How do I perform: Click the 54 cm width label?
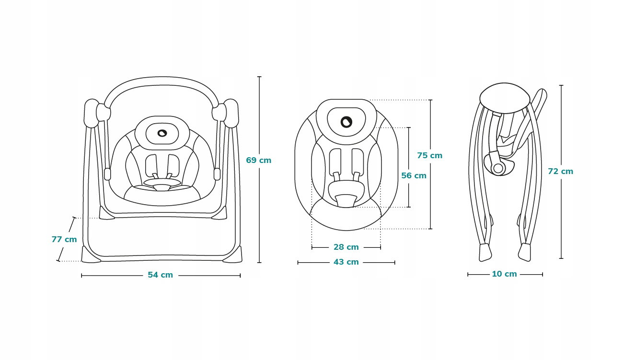160,275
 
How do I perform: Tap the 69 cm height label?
258,160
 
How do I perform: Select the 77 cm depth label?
64,239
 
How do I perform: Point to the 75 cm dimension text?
429,155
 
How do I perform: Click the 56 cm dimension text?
414,175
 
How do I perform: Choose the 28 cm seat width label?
346,247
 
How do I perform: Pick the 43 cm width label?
346,262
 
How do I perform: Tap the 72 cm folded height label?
560,172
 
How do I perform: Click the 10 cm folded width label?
504,274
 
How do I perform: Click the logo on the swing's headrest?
162,134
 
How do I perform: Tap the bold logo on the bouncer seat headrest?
346,122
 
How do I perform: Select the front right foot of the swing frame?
232,255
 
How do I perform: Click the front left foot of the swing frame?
91,255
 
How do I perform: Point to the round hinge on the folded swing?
498,168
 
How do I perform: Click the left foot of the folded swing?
485,252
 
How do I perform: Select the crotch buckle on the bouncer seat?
346,200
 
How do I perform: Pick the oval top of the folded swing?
505,98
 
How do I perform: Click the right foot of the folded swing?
525,252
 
